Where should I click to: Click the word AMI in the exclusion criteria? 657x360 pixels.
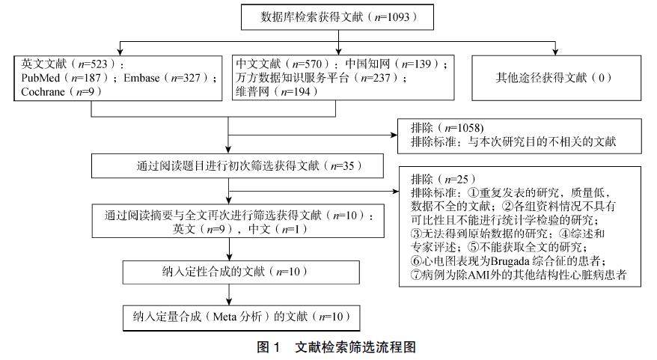tap(485, 274)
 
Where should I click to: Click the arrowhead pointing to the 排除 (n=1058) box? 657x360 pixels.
tap(397, 135)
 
